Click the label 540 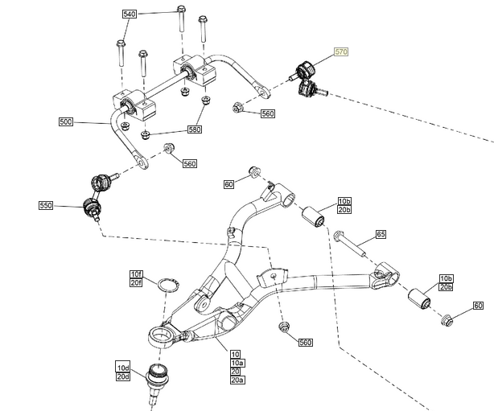(130, 15)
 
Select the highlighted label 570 (341, 52)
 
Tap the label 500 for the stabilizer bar (66, 122)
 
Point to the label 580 (195, 129)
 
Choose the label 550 (47, 206)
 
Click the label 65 (381, 234)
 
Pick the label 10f (137, 274)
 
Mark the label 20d (123, 376)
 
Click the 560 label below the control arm (305, 343)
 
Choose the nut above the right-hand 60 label (447, 322)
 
